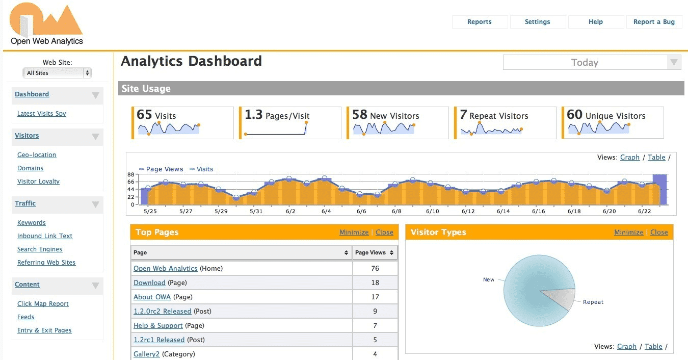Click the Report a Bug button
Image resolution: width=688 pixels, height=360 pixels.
654,22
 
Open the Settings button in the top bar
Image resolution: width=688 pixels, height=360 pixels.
537,22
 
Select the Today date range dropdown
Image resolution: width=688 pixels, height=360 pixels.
592,63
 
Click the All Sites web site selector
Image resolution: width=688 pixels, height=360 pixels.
57,73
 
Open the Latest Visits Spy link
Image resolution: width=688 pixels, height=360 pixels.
42,114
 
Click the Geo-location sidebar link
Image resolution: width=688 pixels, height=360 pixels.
37,155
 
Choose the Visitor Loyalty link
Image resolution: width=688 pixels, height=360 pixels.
38,182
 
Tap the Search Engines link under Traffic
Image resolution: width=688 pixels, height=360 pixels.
40,249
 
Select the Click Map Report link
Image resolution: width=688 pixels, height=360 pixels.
43,304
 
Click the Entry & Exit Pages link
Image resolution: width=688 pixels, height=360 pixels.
44,330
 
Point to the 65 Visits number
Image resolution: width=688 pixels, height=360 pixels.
144,115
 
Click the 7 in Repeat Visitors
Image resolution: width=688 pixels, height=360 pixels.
463,115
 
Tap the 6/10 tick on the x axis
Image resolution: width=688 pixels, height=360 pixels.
433,211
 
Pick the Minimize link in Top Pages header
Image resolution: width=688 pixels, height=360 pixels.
354,233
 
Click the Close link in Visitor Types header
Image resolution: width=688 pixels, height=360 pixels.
659,233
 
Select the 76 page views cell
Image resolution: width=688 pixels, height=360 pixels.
375,269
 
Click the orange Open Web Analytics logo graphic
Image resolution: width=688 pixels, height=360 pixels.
46,19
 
